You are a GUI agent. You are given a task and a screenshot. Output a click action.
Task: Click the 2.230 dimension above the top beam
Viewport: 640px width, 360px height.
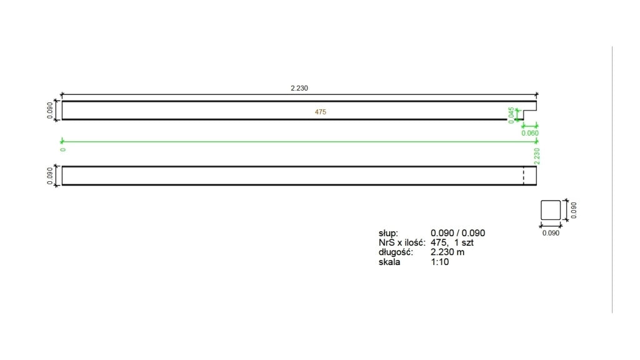[x=299, y=88]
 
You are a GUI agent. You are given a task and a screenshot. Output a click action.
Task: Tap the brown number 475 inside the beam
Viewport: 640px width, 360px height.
[x=321, y=112]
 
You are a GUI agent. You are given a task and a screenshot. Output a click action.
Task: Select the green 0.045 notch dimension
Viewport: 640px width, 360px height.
[x=511, y=115]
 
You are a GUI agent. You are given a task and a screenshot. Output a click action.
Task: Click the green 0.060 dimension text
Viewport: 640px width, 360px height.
[x=530, y=133]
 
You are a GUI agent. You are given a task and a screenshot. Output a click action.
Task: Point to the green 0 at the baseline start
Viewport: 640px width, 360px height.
[x=63, y=150]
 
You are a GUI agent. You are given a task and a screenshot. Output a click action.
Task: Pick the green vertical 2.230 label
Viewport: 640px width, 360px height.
[x=537, y=156]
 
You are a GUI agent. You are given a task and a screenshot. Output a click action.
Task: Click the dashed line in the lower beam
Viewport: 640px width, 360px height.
[x=524, y=176]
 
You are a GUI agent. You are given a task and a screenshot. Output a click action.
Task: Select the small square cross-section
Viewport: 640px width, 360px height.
[x=551, y=210]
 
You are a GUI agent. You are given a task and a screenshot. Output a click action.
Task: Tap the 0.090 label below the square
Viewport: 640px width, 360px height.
[x=551, y=233]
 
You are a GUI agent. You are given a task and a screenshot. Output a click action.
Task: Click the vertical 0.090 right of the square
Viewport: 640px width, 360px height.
[x=574, y=210]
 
